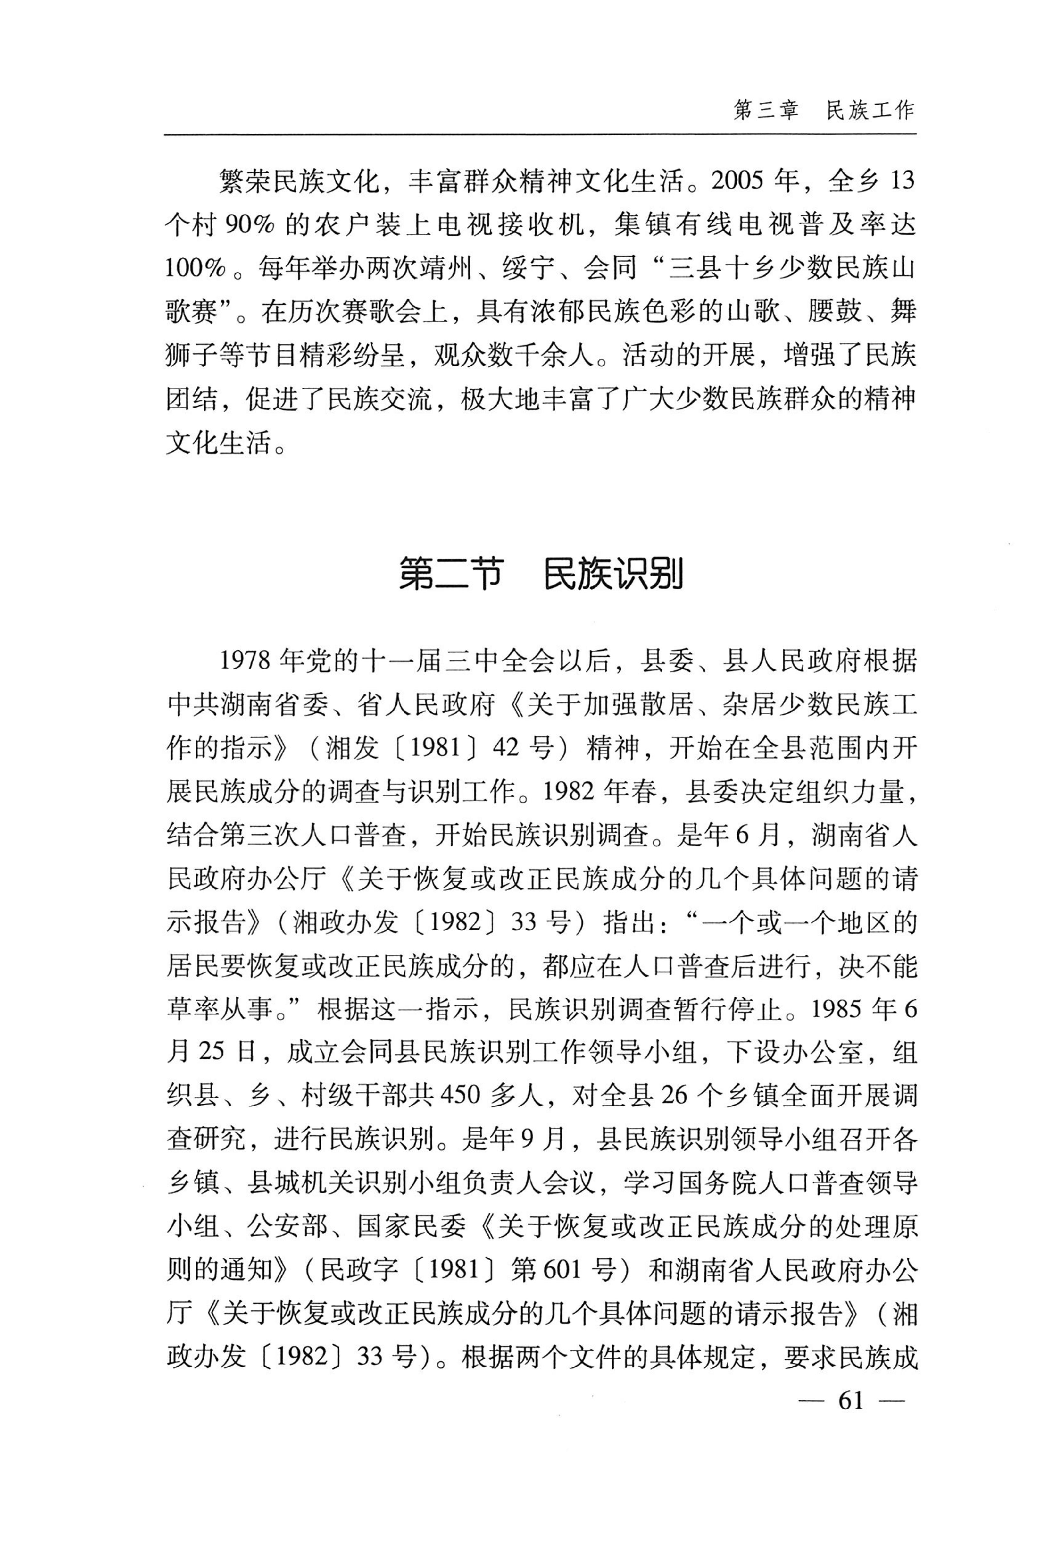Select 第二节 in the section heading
click(451, 574)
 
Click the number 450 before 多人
click(460, 1096)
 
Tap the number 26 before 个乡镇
click(673, 1096)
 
